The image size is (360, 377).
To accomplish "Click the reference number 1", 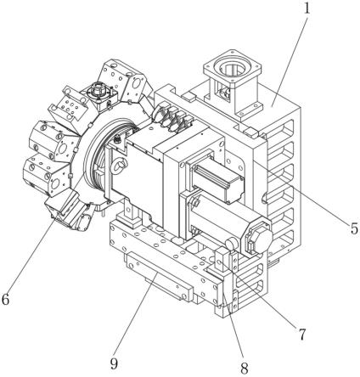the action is click(x=307, y=8).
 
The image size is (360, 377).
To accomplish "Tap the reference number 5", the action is click(x=354, y=228).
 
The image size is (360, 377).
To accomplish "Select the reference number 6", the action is click(x=5, y=299).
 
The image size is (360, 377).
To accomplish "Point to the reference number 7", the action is click(x=302, y=335).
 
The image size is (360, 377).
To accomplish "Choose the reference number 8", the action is click(x=244, y=369).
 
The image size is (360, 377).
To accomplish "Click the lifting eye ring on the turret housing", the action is click(x=119, y=166).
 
